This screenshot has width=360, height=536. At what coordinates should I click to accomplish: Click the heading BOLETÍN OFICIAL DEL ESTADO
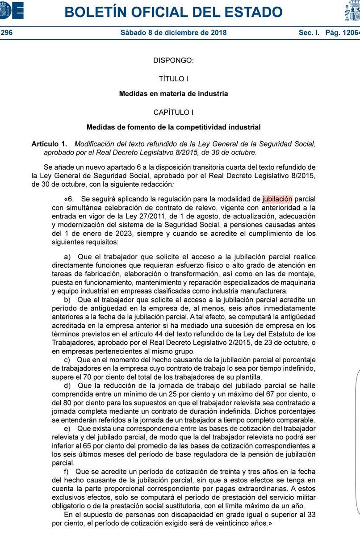(173, 12)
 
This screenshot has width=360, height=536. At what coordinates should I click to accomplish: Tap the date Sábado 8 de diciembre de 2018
(173, 33)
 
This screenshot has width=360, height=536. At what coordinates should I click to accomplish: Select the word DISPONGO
(173, 60)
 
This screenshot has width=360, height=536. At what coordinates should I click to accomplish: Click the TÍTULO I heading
(173, 79)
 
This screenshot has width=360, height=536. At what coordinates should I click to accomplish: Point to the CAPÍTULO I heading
(173, 113)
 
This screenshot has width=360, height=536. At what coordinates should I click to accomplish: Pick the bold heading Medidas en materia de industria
(173, 94)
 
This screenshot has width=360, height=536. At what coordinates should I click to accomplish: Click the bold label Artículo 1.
(49, 144)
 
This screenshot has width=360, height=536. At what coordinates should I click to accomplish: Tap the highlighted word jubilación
(277, 199)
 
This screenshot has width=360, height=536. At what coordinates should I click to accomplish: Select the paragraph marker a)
(67, 257)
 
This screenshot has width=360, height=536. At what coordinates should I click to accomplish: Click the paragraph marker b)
(67, 299)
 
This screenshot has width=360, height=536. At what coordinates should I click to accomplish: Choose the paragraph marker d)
(67, 385)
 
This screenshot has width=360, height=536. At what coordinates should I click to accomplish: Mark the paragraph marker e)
(67, 428)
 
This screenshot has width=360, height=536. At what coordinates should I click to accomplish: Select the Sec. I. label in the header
(309, 33)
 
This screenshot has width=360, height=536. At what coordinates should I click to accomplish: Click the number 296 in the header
(6, 33)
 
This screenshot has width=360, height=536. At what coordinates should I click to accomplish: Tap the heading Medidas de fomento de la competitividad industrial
(173, 127)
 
